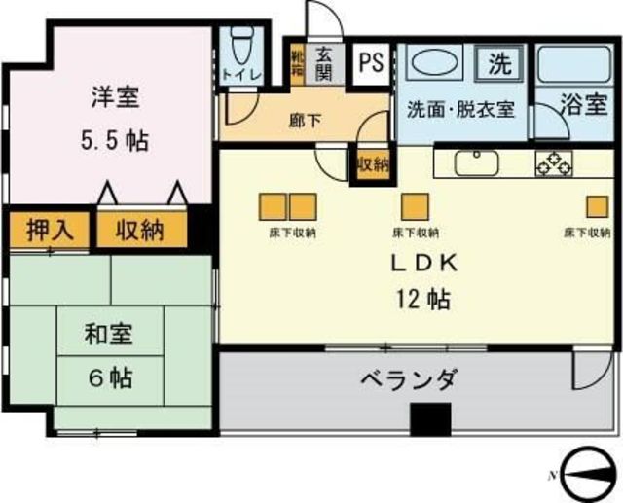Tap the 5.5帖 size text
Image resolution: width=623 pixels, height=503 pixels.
[114, 140]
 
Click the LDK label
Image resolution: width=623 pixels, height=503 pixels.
[423, 263]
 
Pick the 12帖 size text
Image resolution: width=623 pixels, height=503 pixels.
[423, 299]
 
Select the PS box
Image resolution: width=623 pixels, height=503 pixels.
[370, 63]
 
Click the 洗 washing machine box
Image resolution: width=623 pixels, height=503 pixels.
[498, 64]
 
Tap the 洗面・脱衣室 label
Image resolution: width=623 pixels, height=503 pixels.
[459, 109]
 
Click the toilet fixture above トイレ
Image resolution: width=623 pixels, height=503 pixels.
[239, 44]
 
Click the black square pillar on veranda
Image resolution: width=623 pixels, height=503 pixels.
[430, 419]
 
